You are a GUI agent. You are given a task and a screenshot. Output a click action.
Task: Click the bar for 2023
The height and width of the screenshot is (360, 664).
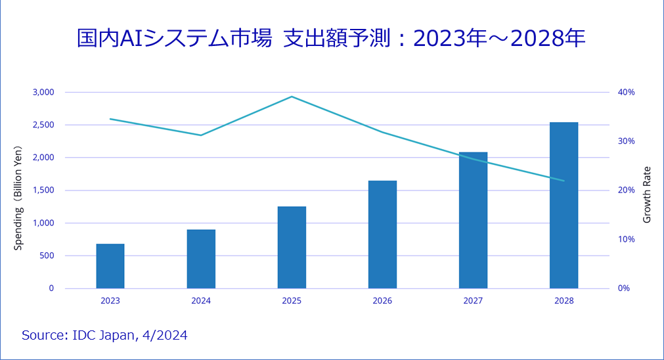(x=110, y=266)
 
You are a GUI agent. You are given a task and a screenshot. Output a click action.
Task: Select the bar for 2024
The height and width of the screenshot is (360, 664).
(x=201, y=259)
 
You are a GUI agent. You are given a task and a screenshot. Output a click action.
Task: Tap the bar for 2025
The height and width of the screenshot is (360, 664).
(x=292, y=248)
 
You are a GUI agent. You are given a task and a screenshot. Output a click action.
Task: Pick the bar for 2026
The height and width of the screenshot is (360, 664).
(x=382, y=235)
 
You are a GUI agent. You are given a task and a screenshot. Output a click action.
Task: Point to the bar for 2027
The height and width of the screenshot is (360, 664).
(x=473, y=220)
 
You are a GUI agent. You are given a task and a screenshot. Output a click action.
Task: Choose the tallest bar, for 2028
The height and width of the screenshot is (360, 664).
(x=564, y=205)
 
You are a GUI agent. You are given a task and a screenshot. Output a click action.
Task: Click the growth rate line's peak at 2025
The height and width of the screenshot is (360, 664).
(x=292, y=97)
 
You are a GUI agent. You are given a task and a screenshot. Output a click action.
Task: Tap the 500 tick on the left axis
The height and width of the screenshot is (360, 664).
(x=47, y=256)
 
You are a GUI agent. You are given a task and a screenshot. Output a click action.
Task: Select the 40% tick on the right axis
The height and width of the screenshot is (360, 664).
(x=627, y=92)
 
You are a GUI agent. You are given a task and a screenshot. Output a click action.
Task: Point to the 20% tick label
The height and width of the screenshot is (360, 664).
(x=627, y=191)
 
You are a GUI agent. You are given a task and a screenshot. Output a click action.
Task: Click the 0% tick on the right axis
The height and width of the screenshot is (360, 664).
(x=624, y=288)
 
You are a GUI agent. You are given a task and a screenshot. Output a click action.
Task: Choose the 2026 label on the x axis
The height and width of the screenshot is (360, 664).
(x=382, y=301)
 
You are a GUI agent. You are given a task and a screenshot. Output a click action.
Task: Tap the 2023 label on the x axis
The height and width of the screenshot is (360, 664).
(x=110, y=301)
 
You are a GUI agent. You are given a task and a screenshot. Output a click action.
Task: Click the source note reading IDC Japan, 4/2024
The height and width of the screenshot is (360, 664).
(x=104, y=336)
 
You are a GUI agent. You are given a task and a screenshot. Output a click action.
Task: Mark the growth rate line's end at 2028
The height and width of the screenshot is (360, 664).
(x=564, y=181)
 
